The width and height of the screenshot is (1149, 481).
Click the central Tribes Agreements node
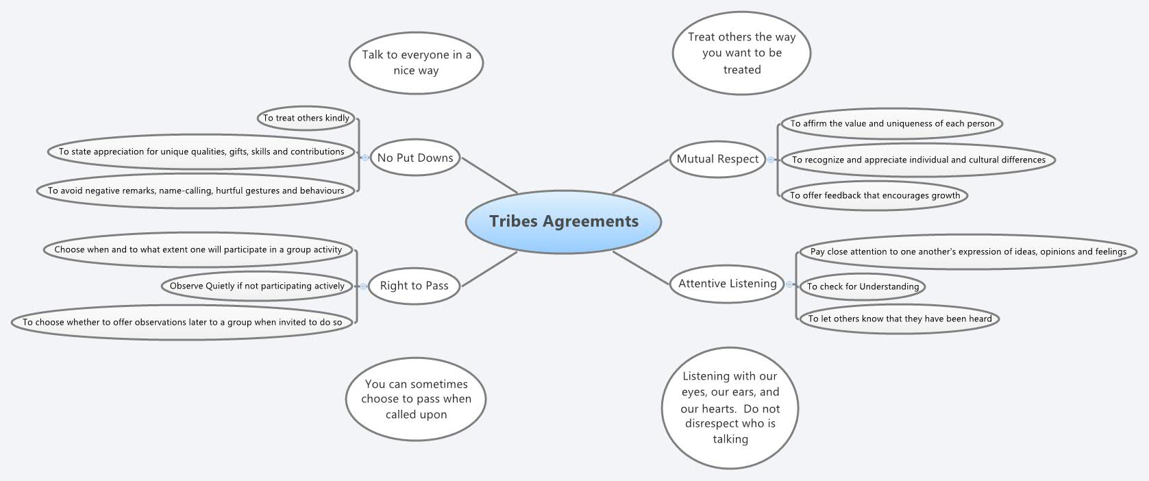tap(563, 221)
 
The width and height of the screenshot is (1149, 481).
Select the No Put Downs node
tap(415, 158)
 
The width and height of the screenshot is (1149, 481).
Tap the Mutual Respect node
tap(717, 159)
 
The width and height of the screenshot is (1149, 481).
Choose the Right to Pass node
tap(414, 286)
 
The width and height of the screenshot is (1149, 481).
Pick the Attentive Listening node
tap(727, 284)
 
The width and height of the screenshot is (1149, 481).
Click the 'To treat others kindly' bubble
tap(306, 118)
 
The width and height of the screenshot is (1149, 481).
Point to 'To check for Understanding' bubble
tap(863, 286)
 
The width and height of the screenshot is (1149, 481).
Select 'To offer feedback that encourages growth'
tap(875, 195)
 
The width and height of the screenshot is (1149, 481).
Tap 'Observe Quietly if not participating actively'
tap(257, 286)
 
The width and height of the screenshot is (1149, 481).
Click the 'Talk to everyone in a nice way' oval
tap(416, 62)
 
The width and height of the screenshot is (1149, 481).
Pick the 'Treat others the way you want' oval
tap(741, 53)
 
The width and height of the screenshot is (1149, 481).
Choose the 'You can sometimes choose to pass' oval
tap(416, 399)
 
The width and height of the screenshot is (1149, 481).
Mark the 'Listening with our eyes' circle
tap(730, 407)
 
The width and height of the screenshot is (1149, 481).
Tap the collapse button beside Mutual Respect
tap(771, 160)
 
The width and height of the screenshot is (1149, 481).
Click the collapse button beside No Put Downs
tap(365, 158)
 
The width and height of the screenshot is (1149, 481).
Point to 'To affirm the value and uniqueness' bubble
tap(892, 124)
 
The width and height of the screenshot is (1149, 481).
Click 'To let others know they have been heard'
tap(900, 319)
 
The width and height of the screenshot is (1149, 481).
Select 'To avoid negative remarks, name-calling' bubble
tap(196, 190)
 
